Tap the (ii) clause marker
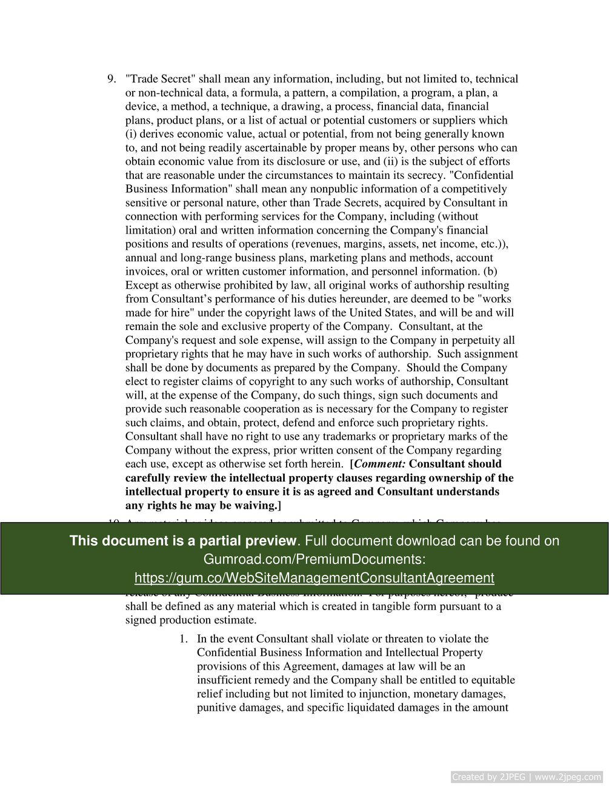click(x=390, y=161)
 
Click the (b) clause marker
click(x=489, y=271)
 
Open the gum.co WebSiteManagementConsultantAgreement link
click(x=314, y=578)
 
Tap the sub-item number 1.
click(x=183, y=639)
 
